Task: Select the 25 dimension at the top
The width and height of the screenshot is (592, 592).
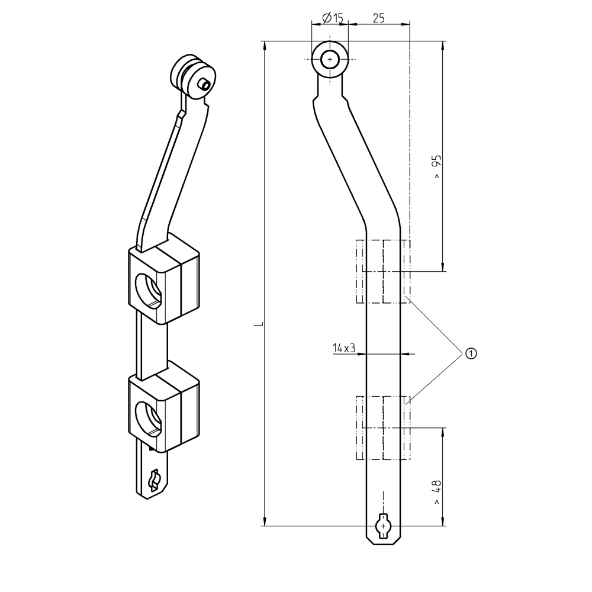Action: [378, 18]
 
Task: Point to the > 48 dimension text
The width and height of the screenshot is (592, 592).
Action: [437, 491]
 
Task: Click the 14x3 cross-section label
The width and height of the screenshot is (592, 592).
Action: [343, 348]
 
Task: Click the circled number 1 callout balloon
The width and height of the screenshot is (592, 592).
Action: [471, 353]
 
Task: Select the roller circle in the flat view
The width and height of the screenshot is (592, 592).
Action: [330, 60]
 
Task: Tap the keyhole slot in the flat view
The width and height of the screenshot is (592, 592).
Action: [384, 526]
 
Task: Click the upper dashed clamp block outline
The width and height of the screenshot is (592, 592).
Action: [383, 271]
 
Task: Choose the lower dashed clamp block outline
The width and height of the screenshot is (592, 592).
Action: [383, 427]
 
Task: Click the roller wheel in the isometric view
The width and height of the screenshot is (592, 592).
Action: [192, 77]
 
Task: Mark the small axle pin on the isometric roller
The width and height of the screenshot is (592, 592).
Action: [204, 84]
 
